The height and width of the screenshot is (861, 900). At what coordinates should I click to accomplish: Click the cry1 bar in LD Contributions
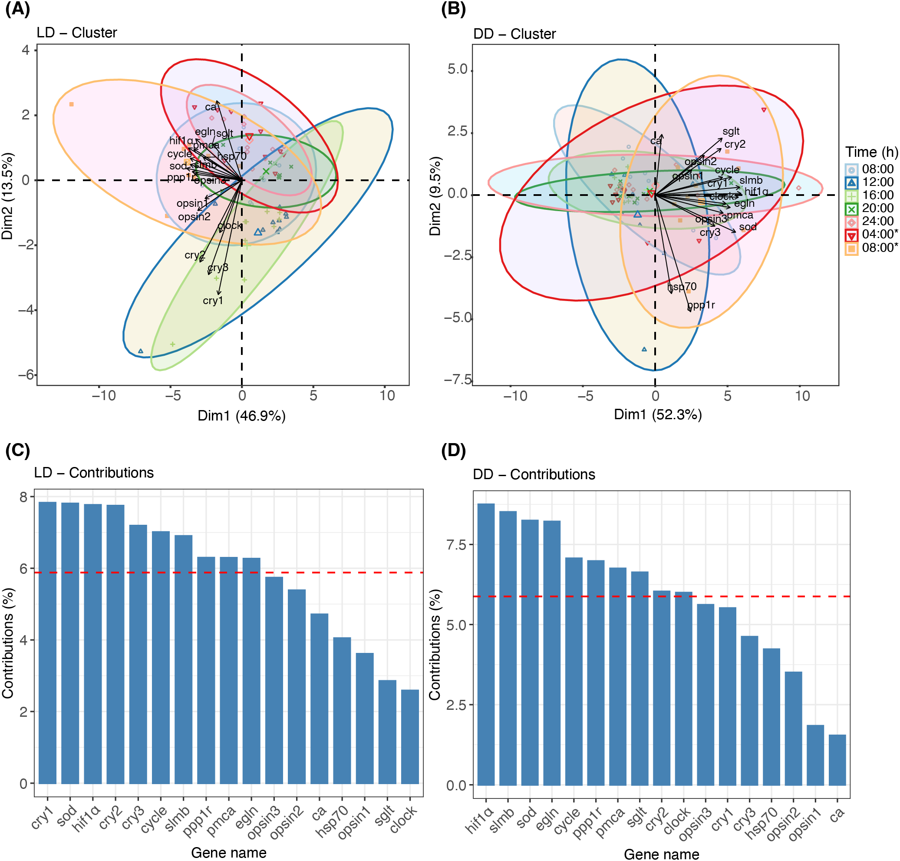point(47,642)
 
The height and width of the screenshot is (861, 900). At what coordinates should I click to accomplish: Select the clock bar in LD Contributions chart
point(410,736)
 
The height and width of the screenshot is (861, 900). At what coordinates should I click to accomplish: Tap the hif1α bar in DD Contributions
point(486,644)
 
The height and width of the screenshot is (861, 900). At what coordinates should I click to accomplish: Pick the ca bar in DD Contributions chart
point(837,760)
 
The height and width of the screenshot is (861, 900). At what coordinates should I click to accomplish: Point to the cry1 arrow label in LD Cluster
point(213,301)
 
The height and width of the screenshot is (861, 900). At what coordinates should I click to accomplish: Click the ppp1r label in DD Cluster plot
point(701,305)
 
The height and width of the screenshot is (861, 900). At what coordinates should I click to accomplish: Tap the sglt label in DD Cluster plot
point(731,131)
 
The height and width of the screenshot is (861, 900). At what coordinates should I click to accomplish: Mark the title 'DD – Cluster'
point(514,34)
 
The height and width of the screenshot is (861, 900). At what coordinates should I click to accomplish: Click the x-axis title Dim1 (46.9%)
point(241,416)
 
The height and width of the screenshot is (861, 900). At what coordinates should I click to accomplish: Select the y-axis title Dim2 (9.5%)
point(435,196)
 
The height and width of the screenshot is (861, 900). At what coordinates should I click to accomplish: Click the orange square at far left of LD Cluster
point(71,105)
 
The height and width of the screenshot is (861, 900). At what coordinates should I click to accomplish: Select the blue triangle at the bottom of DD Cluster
point(644,350)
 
